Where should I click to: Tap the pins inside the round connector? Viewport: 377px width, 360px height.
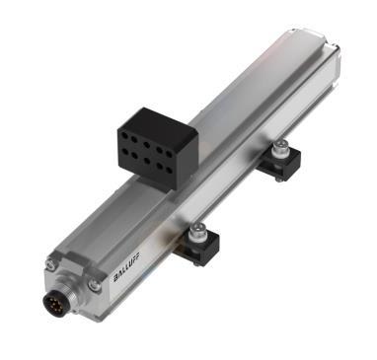coord(56,299)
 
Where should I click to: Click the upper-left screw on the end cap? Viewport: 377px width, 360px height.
coord(50,264)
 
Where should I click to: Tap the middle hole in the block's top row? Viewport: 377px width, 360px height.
coord(150,125)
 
